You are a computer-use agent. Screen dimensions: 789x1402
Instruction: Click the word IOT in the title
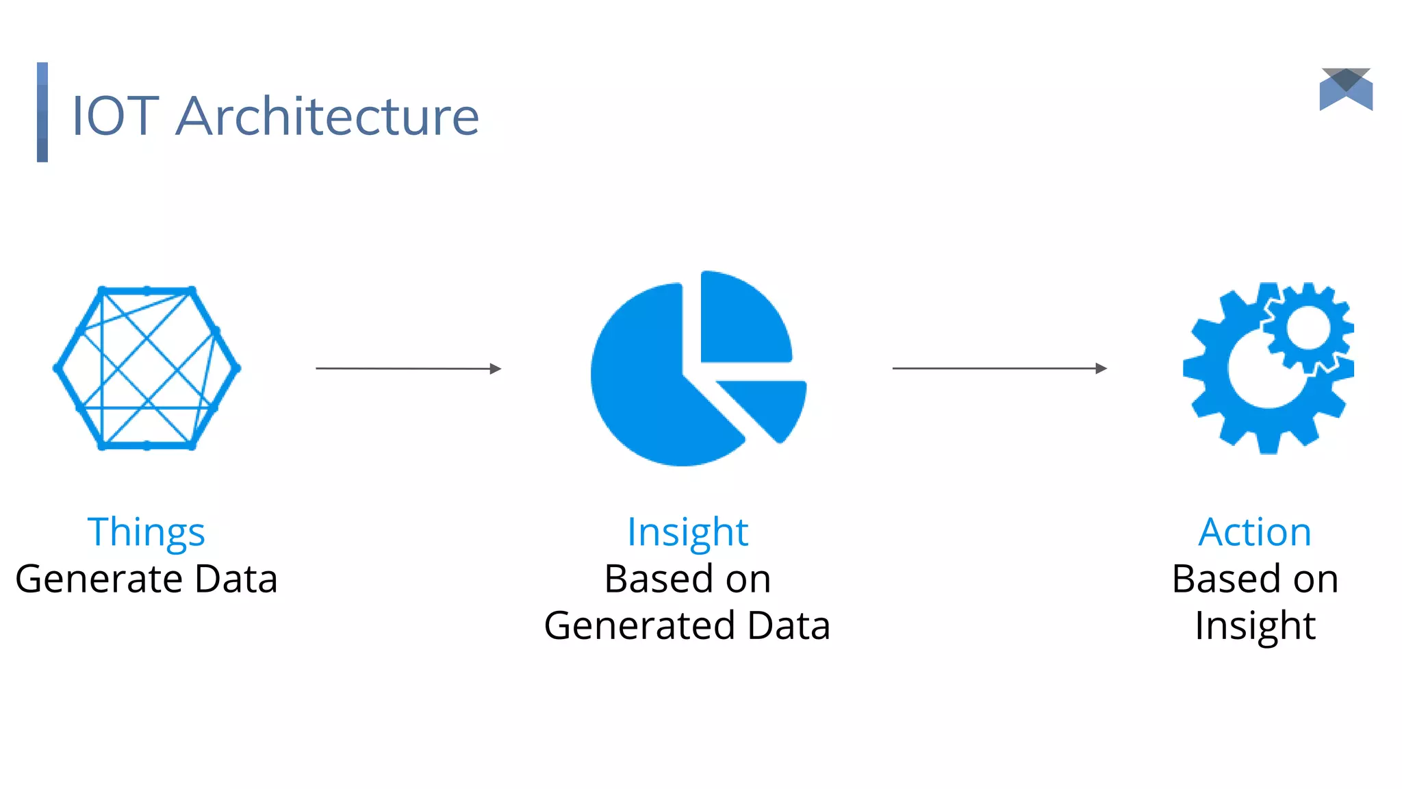tap(115, 116)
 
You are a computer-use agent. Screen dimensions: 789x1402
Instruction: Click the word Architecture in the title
tap(327, 116)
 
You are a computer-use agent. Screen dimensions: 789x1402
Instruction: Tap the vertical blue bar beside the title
tap(42, 112)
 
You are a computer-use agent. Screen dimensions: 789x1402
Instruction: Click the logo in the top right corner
tap(1346, 89)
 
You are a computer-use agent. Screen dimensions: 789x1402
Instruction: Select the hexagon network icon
tap(146, 368)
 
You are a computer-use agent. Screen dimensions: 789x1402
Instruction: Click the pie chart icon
tap(691, 370)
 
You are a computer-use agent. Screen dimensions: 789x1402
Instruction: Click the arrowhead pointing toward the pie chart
tap(496, 369)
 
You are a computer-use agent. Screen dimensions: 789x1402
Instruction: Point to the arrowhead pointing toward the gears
tap(1101, 368)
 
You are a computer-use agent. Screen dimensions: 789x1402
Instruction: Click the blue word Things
tap(146, 532)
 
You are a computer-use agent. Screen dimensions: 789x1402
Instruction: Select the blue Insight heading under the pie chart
tap(687, 532)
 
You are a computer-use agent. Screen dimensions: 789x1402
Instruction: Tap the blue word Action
tap(1255, 532)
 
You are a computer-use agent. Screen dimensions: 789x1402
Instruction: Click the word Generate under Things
tap(99, 579)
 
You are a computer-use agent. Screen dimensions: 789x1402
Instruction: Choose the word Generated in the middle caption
tap(639, 626)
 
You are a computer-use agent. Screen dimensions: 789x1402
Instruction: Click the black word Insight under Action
tap(1255, 626)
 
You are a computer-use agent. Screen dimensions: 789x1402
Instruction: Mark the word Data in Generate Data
tap(236, 579)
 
